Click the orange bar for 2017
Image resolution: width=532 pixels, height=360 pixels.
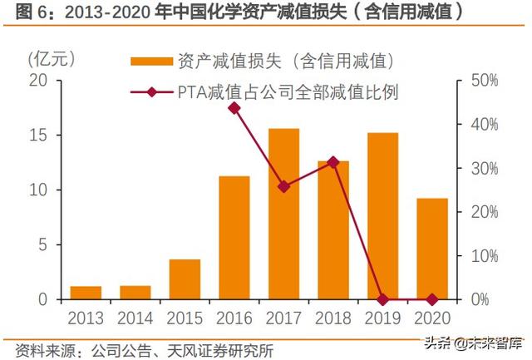tap(283, 214)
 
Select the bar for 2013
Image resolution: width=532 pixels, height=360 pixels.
tap(86, 293)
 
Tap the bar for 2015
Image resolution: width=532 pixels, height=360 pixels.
tap(185, 279)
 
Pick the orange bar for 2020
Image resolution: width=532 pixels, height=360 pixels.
tap(431, 249)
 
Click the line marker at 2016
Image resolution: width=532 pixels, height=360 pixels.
tap(234, 108)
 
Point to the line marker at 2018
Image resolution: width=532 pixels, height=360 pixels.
tap(332, 162)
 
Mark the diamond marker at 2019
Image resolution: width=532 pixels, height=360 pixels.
tap(382, 299)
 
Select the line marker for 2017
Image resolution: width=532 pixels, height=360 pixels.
tap(283, 186)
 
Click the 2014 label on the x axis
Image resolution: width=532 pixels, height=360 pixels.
tap(135, 318)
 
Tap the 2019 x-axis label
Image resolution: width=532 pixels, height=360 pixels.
tap(382, 318)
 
